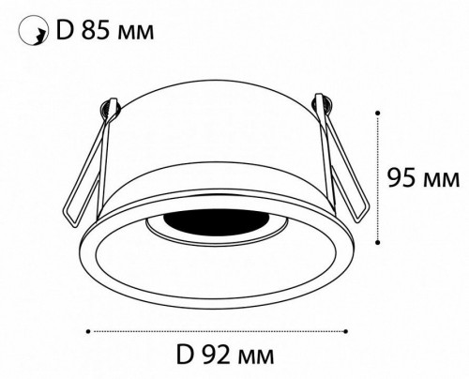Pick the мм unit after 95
442,177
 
